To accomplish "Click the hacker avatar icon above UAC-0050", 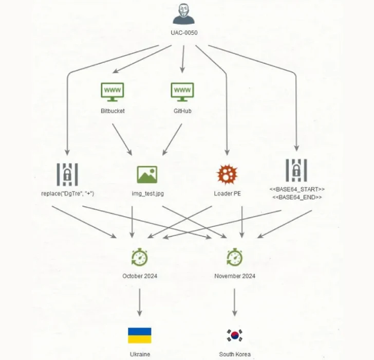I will [183, 14].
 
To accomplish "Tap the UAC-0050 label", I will [184, 33].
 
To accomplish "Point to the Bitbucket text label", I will [113, 111].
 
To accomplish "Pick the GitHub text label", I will [182, 111].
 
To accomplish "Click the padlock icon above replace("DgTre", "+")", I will [67, 174].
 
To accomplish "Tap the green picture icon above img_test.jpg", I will [147, 175].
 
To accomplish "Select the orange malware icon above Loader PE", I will [227, 175].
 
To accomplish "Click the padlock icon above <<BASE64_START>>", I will [296, 170].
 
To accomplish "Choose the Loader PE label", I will [227, 194].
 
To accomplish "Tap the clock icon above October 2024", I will [140, 256].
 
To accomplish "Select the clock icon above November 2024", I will [235, 256].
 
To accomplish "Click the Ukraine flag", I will [140, 335].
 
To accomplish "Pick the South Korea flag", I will [235, 335].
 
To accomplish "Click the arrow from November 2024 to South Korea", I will [235, 302].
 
